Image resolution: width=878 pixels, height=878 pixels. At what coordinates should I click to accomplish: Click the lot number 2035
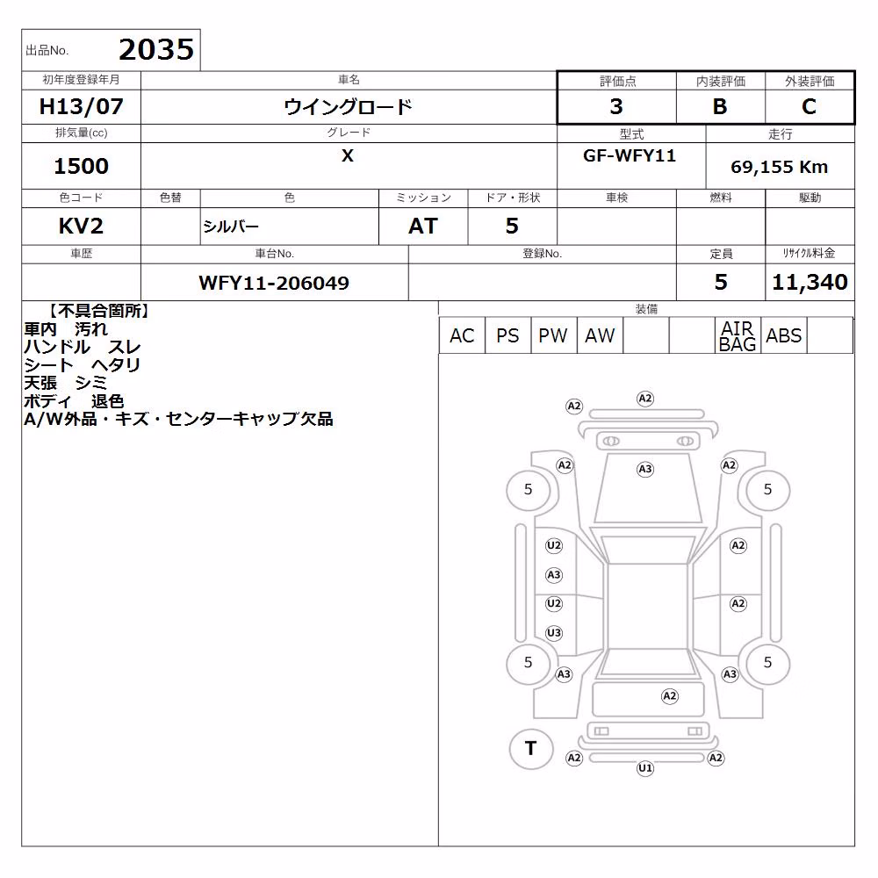(x=156, y=50)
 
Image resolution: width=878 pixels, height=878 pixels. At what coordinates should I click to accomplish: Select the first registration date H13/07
(x=81, y=106)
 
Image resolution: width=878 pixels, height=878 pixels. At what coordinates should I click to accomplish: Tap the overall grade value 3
(x=616, y=106)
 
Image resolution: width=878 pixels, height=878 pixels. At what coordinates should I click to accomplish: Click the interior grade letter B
(x=720, y=106)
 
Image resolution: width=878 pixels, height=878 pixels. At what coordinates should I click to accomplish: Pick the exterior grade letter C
(x=809, y=106)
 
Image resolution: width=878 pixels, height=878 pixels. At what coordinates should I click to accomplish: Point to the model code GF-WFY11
(x=630, y=155)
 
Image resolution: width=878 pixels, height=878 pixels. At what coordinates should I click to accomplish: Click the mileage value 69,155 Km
(x=779, y=167)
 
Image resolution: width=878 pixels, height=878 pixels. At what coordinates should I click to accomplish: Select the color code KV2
(x=81, y=227)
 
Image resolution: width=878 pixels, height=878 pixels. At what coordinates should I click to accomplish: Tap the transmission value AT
(x=423, y=227)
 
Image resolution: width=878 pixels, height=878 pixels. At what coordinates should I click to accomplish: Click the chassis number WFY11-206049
(x=274, y=283)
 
